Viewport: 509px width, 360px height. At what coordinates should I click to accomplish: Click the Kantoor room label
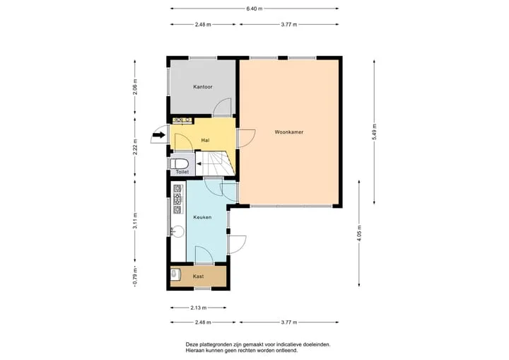[203, 87]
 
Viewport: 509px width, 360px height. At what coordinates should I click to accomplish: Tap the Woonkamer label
[289, 132]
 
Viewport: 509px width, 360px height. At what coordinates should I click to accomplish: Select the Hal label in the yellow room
[205, 140]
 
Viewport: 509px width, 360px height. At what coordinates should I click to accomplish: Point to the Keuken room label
[202, 217]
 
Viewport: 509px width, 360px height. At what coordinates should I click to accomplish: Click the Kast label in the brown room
[198, 276]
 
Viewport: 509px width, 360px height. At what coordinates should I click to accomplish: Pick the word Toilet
[182, 172]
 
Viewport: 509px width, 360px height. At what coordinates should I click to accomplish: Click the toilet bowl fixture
[178, 163]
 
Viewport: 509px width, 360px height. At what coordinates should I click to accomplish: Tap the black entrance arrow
[159, 134]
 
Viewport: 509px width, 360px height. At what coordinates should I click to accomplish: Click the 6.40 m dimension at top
[255, 8]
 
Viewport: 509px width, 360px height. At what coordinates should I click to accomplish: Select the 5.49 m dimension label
[374, 132]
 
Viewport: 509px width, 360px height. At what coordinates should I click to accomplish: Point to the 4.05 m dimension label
[358, 233]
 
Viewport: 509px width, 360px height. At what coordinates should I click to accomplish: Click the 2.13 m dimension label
[199, 308]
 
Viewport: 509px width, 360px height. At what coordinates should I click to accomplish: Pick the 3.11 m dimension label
[135, 221]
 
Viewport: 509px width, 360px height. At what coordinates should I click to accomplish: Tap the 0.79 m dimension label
[135, 276]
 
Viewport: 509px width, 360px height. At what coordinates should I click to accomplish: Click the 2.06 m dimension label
[135, 87]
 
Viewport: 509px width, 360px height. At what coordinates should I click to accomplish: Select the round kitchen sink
[177, 232]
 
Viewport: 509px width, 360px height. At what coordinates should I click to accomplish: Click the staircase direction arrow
[199, 164]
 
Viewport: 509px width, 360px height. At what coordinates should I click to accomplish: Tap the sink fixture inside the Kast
[175, 275]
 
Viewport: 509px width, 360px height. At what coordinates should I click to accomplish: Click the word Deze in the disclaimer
[191, 344]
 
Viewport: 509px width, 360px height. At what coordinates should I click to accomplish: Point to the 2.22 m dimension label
[135, 147]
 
